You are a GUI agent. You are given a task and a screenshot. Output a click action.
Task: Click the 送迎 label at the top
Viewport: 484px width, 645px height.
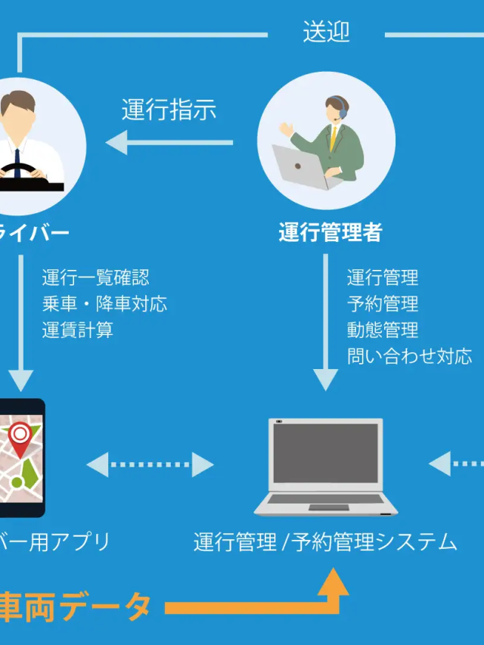(x=326, y=33)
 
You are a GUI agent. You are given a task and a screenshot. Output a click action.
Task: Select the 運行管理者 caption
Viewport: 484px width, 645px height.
(x=330, y=232)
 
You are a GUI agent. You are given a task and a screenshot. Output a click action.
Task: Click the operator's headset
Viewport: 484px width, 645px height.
(x=343, y=111)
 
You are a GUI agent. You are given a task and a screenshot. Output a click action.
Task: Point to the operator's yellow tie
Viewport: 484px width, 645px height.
(x=333, y=139)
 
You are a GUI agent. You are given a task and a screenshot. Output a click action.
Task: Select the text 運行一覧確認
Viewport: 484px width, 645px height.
(x=95, y=278)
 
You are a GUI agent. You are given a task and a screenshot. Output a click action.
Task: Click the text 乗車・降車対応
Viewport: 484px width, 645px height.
(x=104, y=304)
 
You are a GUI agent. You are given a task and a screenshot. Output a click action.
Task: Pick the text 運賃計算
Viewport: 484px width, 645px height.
(x=77, y=330)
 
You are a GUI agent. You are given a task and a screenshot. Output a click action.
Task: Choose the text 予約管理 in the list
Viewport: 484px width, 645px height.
(x=383, y=304)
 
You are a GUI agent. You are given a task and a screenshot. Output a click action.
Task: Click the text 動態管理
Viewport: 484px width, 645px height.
(x=383, y=330)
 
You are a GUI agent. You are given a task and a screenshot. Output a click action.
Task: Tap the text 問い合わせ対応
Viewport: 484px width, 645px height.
(x=409, y=356)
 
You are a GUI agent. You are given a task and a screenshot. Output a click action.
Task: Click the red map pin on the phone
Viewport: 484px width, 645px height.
(x=20, y=436)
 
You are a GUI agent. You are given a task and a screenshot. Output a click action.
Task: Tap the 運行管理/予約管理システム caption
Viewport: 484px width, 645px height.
(x=325, y=541)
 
